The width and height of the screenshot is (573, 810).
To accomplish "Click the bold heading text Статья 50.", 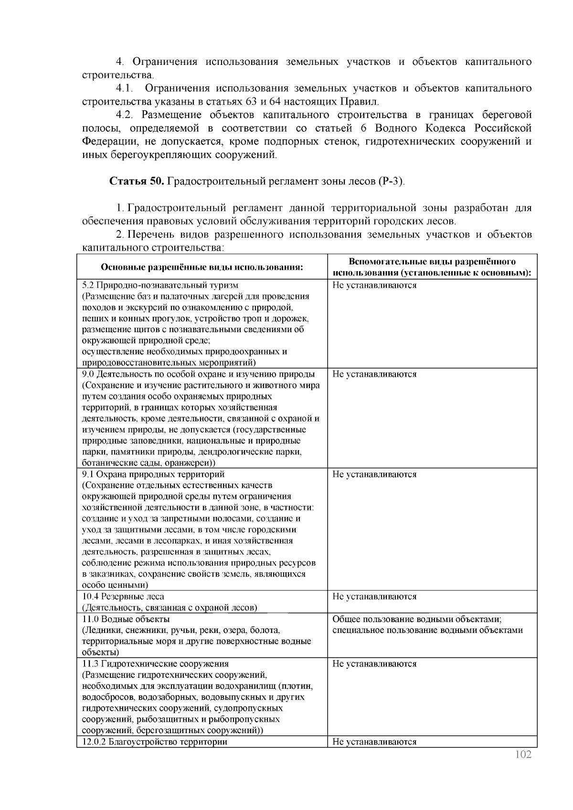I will [x=137, y=182].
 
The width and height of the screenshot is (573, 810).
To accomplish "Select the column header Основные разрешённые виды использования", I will [x=202, y=267].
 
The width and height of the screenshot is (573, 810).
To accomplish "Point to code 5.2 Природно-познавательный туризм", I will [x=159, y=285].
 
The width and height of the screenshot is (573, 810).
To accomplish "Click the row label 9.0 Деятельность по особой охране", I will [x=198, y=374].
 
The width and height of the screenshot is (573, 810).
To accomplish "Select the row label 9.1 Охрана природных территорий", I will [x=153, y=474].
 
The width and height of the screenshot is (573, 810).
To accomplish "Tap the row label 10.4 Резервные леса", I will [x=123, y=597].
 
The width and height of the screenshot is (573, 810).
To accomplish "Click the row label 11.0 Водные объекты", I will [x=126, y=619].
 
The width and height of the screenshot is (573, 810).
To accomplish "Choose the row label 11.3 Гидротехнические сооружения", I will [x=155, y=664].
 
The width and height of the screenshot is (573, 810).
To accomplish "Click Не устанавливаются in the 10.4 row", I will [x=374, y=597].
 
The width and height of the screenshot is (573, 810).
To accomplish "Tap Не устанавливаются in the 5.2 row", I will [x=374, y=285].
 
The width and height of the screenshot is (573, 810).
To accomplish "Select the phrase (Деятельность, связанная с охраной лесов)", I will [x=170, y=608].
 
